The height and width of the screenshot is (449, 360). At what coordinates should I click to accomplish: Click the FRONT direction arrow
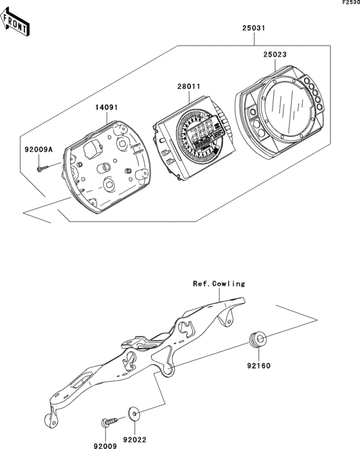[14, 23]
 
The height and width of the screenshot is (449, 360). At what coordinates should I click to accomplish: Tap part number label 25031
[254, 28]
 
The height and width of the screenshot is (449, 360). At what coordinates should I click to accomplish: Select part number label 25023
[274, 55]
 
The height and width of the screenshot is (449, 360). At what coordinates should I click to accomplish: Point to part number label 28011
[188, 86]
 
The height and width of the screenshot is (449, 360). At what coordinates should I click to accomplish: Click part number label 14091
[107, 107]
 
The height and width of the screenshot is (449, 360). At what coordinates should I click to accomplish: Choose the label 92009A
[39, 149]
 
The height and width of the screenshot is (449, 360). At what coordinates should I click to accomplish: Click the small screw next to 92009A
[42, 169]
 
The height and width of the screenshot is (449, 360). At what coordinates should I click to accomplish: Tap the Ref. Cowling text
[219, 284]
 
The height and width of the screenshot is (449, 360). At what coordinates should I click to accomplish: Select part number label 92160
[258, 365]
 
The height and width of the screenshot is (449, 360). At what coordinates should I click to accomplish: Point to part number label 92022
[134, 439]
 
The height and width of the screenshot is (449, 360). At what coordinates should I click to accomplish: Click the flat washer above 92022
[134, 412]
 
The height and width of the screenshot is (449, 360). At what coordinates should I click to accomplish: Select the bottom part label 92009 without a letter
[105, 446]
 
